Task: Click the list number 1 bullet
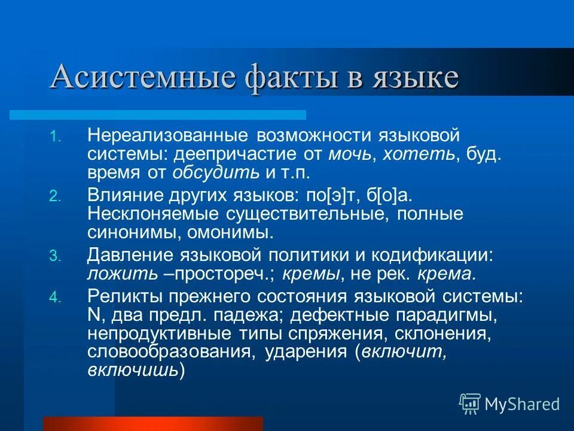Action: point(54,137)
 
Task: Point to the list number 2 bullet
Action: point(54,196)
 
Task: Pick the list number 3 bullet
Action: point(54,256)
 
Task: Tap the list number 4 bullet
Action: point(54,298)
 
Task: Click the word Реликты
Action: point(121,296)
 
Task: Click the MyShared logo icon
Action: point(469,403)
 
